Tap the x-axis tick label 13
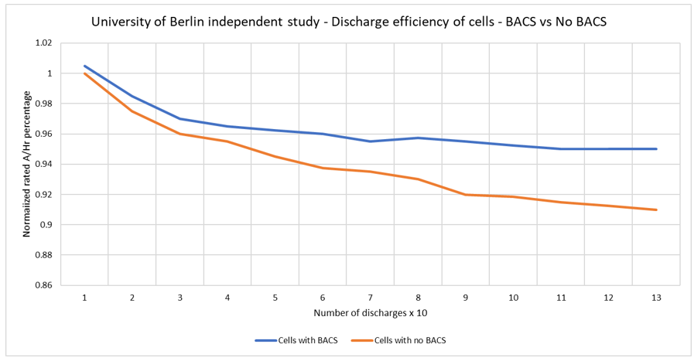(656, 297)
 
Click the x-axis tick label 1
(84, 297)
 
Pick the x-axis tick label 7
(371, 297)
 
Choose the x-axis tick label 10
(513, 297)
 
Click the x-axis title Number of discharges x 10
(370, 313)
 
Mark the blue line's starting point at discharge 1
(84, 66)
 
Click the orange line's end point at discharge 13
(656, 209)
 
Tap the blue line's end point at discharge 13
(656, 148)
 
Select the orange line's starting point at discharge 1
(84, 73)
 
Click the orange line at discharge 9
(466, 194)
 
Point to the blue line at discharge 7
(371, 141)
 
